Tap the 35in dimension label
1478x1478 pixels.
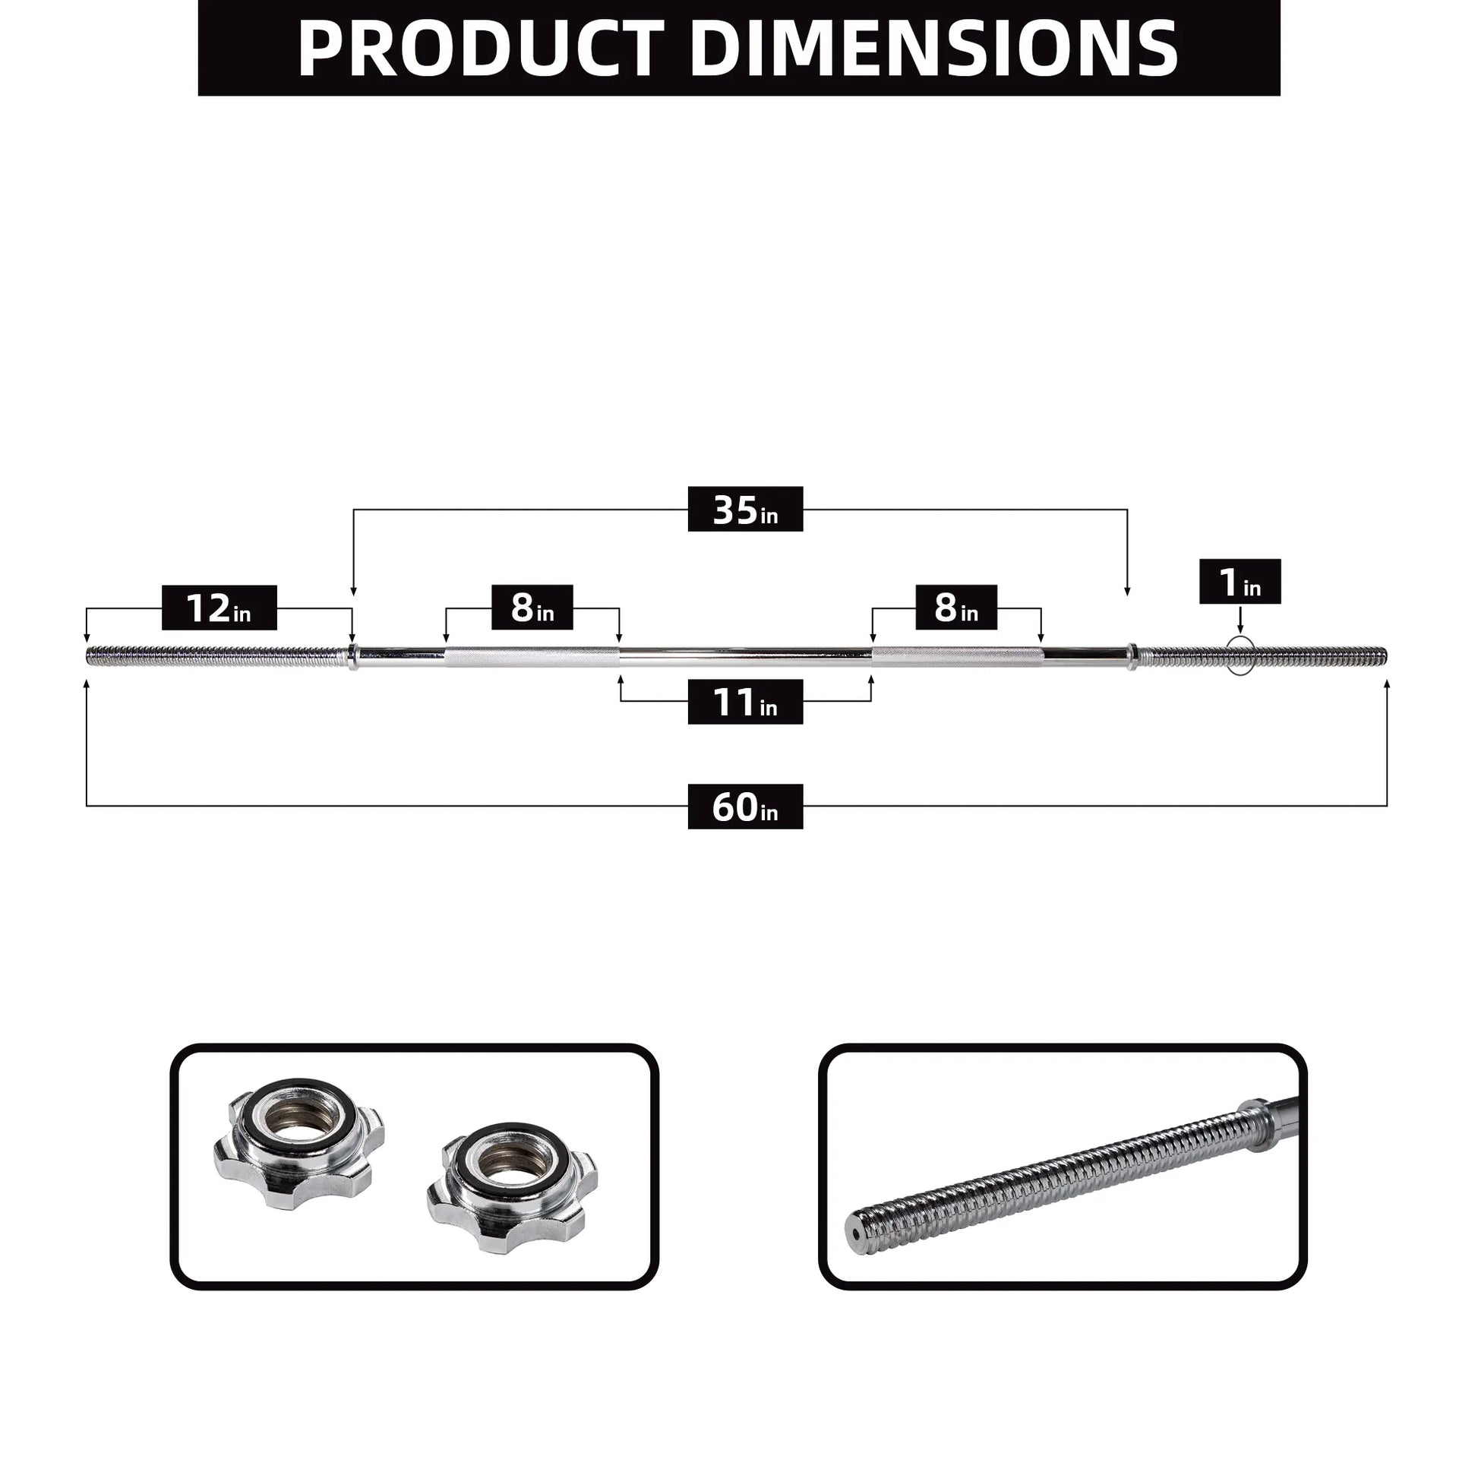coord(745,510)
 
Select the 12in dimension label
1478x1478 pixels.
coord(219,608)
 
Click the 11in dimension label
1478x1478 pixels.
coord(745,702)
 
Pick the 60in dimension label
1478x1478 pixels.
coord(745,807)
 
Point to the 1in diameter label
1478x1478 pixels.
coord(1240,583)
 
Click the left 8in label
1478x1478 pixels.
coord(532,608)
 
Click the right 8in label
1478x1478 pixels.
coord(955,608)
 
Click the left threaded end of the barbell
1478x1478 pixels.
coord(214,655)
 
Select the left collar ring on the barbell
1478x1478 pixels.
coord(352,656)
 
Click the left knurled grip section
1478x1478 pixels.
coord(532,656)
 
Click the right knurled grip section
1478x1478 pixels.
coord(956,656)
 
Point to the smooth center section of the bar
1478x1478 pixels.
coord(745,655)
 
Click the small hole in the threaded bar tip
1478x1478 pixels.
coord(851,1244)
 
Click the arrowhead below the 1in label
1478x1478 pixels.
coord(1240,630)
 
